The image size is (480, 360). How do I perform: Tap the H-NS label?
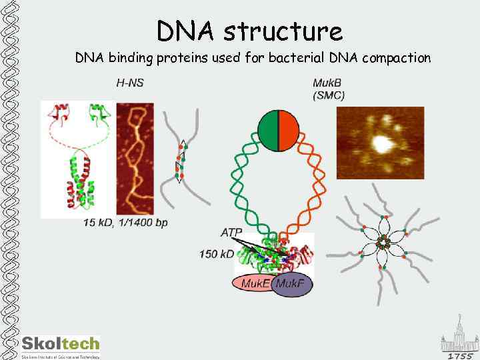pos(130,83)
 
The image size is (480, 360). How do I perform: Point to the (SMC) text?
pos(329,95)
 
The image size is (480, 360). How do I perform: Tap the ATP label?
pos(233,232)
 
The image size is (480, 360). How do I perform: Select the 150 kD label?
pos(217,253)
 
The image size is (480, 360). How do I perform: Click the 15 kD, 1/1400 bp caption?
pos(126,222)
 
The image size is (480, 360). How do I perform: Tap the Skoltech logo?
pos(61,345)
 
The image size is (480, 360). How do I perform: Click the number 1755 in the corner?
pos(459,355)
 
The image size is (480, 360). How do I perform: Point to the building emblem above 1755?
pos(459,337)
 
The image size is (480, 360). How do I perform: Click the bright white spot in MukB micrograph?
pos(381,142)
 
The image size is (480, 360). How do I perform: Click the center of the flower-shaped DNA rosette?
pos(382,243)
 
